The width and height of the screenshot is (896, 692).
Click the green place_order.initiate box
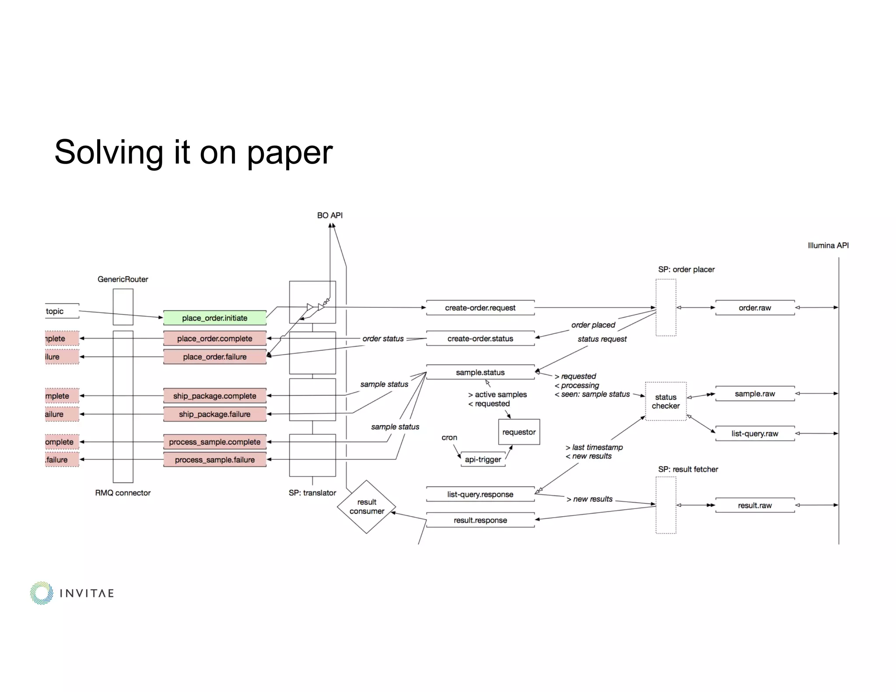pyautogui.click(x=214, y=318)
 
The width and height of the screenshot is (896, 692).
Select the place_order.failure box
pyautogui.click(x=214, y=357)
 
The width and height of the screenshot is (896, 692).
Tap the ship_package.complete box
pyautogui.click(x=214, y=396)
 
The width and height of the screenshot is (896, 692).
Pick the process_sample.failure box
pyautogui.click(x=214, y=460)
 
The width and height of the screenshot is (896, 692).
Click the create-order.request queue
pyautogui.click(x=480, y=308)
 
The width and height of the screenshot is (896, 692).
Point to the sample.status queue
pyautogui.click(x=480, y=372)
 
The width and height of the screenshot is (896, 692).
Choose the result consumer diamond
pyautogui.click(x=367, y=507)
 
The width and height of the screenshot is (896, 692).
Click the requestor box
pyautogui.click(x=519, y=432)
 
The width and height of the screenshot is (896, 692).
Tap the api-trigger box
pyautogui.click(x=483, y=459)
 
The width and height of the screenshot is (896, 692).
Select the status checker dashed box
pyautogui.click(x=665, y=402)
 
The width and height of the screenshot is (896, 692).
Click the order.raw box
pyautogui.click(x=755, y=308)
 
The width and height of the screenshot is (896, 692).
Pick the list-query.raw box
pyautogui.click(x=755, y=433)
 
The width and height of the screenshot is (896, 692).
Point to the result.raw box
pyautogui.click(x=755, y=505)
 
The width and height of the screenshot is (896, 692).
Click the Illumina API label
pyautogui.click(x=828, y=246)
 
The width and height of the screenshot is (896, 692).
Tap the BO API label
pyautogui.click(x=330, y=216)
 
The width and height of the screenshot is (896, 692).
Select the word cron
pyautogui.click(x=449, y=437)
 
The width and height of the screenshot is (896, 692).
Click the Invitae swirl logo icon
pyautogui.click(x=42, y=593)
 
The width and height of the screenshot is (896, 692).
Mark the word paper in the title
pyautogui.click(x=290, y=153)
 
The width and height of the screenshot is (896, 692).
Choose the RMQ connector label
pyautogui.click(x=122, y=493)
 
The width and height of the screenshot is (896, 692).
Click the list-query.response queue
pyautogui.click(x=480, y=494)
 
